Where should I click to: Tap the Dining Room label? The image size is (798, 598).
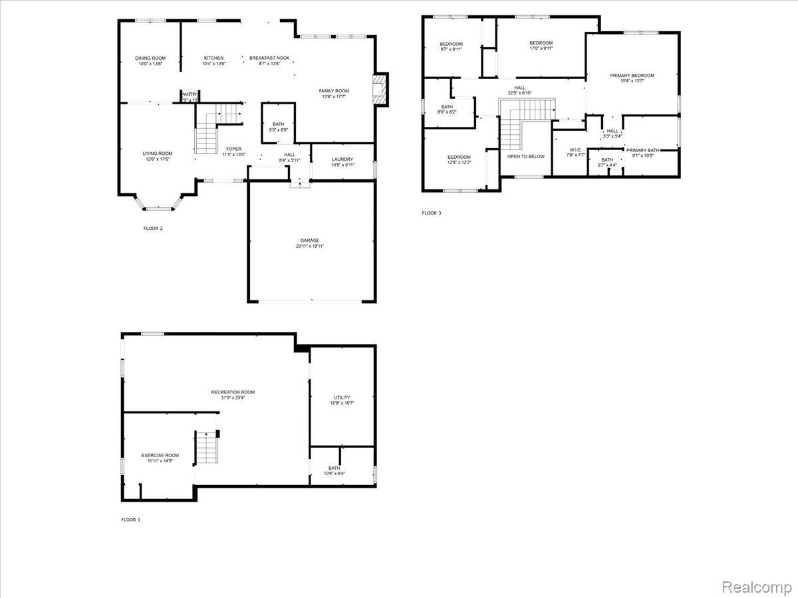(150, 58)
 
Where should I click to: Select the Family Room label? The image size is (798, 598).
(334, 91)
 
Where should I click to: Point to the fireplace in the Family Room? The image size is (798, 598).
(380, 89)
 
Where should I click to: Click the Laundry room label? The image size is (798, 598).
(342, 159)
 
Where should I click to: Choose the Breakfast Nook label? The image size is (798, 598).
(269, 58)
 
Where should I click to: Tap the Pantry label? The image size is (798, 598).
(190, 95)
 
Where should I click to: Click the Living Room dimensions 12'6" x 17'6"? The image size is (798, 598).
(158, 159)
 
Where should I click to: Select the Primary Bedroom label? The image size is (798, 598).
(632, 76)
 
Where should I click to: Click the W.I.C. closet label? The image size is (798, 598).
(575, 149)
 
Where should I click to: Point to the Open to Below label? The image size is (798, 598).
(526, 157)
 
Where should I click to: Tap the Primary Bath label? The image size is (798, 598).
(642, 151)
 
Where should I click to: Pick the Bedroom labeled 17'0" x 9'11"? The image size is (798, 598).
(541, 43)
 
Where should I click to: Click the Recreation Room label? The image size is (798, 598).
(233, 392)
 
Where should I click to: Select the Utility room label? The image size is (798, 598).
(342, 398)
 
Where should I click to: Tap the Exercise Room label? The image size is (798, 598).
(160, 456)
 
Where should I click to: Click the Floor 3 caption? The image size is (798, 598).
(431, 213)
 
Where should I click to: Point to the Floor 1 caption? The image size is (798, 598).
(130, 520)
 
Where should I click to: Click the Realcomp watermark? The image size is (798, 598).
(757, 587)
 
